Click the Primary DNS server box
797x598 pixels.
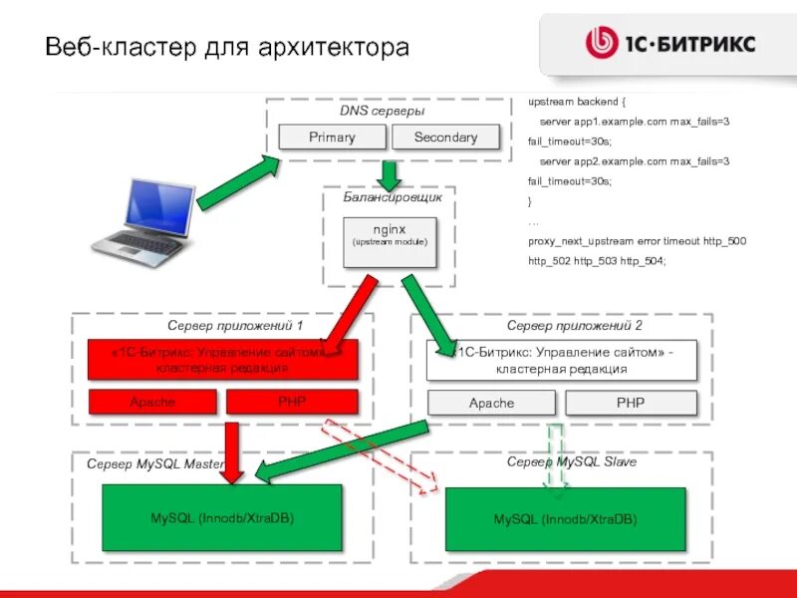point(332,138)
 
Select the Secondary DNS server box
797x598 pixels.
point(445,138)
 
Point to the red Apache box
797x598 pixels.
point(152,402)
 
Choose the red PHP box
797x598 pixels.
point(292,402)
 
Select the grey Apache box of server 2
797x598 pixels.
point(491,403)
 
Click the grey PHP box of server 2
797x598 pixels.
point(631,403)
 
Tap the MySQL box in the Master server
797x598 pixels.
point(222,518)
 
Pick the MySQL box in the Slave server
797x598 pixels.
point(565,519)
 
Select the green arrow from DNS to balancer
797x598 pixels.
point(390,174)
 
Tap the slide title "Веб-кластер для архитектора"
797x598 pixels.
point(227,47)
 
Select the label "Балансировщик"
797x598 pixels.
point(393,197)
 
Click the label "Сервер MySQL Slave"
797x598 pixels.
point(571,462)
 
